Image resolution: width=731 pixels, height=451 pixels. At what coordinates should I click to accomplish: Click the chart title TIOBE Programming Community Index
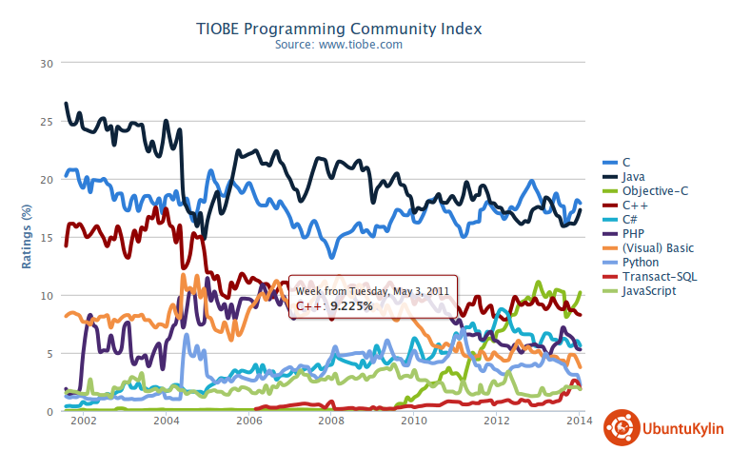[x=365, y=29]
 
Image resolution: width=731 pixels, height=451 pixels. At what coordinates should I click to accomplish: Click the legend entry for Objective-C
[x=655, y=190]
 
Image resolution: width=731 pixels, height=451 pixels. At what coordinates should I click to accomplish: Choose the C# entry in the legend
[x=631, y=219]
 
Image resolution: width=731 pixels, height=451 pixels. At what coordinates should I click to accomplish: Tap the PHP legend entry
[x=633, y=233]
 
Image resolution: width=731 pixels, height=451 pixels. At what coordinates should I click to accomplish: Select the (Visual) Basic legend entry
[x=658, y=247]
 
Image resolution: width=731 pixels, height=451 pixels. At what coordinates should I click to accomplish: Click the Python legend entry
[x=642, y=262]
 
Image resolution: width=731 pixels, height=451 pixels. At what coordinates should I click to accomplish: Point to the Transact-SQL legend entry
[x=658, y=276]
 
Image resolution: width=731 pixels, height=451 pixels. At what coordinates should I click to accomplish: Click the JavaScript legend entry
[x=649, y=290]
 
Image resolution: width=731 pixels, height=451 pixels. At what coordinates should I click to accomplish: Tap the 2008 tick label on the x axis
[x=331, y=420]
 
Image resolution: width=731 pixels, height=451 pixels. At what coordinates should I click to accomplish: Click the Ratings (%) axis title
[x=27, y=237]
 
